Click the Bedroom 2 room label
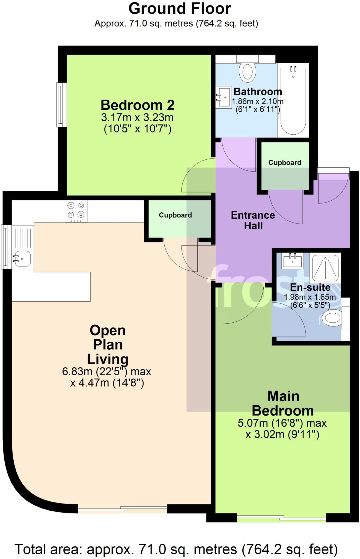click(137, 105)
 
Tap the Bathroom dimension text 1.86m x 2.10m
click(257, 101)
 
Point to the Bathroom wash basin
click(224, 97)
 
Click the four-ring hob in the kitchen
click(76, 211)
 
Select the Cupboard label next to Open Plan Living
click(175, 215)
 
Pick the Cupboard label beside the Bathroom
click(285, 163)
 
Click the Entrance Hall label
click(253, 220)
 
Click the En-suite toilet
click(332, 318)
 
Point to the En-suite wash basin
click(292, 261)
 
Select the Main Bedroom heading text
click(283, 403)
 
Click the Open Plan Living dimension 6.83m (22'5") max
click(106, 371)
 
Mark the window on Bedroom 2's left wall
click(61, 105)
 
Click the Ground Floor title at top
click(180, 9)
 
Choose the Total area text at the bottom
click(176, 549)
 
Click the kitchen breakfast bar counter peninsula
click(51, 287)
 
